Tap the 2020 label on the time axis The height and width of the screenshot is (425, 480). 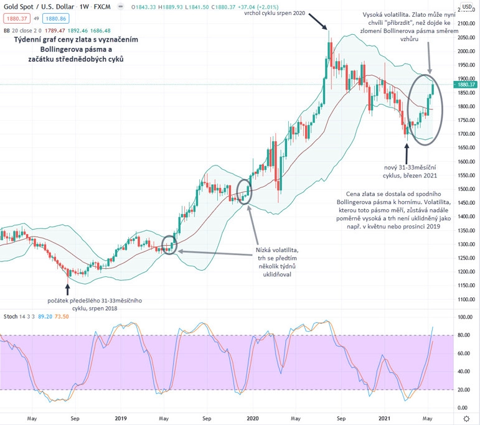click(x=253, y=418)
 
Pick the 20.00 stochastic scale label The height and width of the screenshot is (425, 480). click(x=464, y=390)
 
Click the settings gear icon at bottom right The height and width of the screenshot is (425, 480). click(x=466, y=418)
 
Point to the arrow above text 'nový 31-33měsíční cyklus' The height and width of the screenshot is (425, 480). click(x=407, y=152)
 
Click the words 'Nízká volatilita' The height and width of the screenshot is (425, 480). click(x=273, y=251)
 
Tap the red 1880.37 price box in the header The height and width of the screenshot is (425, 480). click(x=15, y=18)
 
